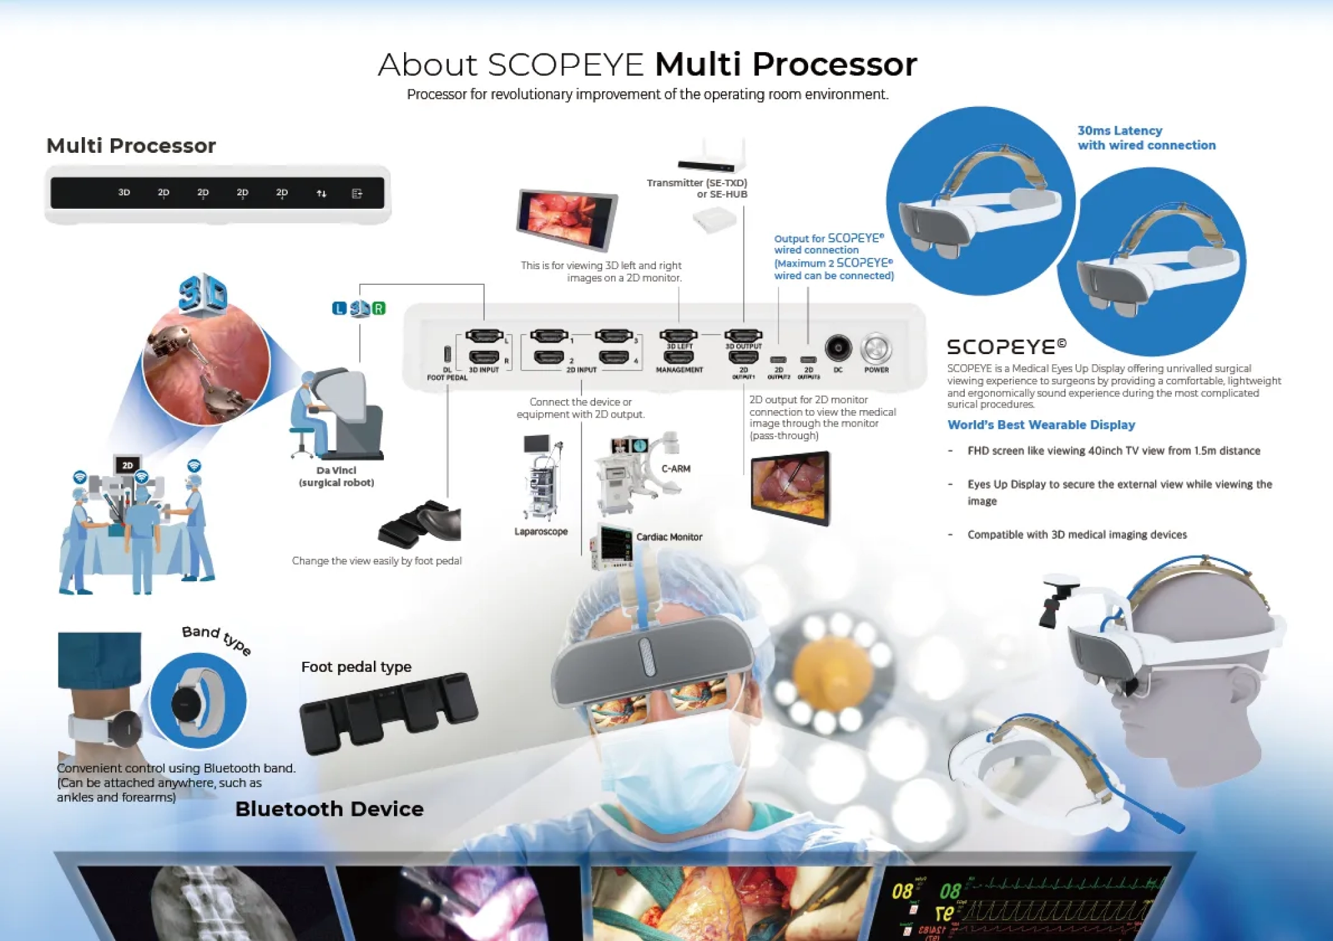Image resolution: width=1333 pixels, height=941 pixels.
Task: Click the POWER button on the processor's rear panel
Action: pos(876,348)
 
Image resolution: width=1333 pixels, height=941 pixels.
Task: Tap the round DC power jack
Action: pos(838,347)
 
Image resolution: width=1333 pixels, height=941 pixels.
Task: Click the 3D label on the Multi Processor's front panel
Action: pos(124,192)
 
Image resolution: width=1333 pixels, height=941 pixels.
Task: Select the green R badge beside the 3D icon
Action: pos(378,308)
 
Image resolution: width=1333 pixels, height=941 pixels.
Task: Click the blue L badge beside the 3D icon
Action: pos(339,308)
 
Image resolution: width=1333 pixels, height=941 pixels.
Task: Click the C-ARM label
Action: pos(676,469)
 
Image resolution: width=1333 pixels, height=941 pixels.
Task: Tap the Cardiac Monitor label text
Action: pos(668,537)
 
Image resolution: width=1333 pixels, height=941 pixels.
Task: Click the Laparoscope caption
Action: pos(541,532)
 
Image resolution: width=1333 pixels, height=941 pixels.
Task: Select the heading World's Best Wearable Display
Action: pos(1041,425)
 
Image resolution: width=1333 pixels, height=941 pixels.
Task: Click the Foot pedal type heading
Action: pos(356,667)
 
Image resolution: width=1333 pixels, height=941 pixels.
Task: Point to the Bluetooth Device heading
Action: pos(329,809)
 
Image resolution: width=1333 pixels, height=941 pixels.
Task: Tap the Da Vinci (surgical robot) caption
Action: pos(336,476)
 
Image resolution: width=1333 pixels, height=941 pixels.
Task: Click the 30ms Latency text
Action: pos(1120,131)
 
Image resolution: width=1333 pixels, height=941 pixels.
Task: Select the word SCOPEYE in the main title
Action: pos(565,65)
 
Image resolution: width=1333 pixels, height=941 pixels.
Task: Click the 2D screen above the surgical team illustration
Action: pos(128,465)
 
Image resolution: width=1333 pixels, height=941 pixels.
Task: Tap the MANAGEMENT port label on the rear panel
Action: pos(679,370)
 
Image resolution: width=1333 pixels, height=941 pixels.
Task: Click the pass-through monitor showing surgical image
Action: pos(790,488)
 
